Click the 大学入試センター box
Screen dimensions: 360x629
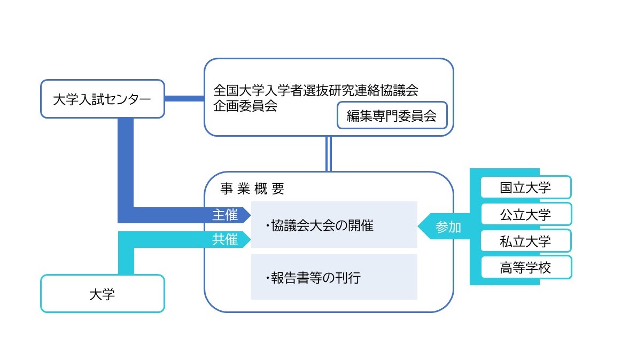click(103, 99)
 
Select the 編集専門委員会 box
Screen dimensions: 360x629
click(392, 116)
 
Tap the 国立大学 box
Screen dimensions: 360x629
click(525, 187)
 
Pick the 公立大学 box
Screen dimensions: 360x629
click(525, 214)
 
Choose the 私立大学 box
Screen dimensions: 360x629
click(525, 241)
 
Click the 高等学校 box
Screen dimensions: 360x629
click(525, 268)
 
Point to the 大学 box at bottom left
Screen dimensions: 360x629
click(103, 293)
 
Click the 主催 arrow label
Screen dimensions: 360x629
click(225, 215)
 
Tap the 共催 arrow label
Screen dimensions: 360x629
click(225, 240)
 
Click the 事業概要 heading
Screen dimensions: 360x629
click(252, 189)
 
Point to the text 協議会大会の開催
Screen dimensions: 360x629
click(320, 226)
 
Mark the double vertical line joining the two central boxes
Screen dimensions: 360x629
click(329, 154)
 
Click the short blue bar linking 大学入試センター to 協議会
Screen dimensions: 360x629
click(184, 98)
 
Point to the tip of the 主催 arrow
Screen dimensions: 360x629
click(250, 215)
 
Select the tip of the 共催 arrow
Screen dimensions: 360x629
click(250, 240)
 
